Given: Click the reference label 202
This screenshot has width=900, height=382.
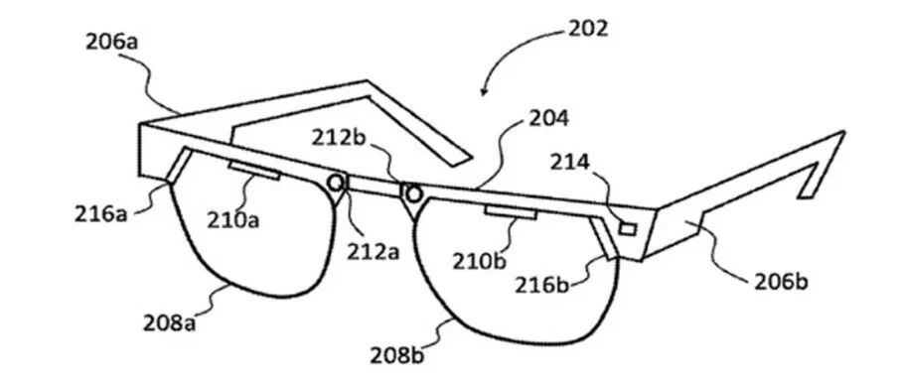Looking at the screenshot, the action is tap(587, 28).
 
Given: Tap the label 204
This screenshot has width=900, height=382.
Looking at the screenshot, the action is tap(548, 119).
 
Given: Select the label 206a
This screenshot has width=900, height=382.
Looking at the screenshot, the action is tap(111, 43).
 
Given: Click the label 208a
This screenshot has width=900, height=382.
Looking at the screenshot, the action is tap(169, 322).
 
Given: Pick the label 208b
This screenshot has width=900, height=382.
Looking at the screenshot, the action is tap(397, 356).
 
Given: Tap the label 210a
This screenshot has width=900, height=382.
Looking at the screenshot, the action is tap(232, 219).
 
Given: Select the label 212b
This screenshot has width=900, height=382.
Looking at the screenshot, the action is tap(338, 138).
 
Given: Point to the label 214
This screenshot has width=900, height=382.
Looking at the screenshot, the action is tap(569, 163).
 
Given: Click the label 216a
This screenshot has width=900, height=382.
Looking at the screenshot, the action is tap(100, 214).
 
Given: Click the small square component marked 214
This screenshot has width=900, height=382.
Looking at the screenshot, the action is tap(628, 229).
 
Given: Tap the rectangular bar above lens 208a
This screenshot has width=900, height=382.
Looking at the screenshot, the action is tap(255, 171).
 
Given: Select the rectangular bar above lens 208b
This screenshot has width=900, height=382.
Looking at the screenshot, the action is tap(511, 212).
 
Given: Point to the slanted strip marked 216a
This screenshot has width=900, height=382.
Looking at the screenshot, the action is tap(179, 165).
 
